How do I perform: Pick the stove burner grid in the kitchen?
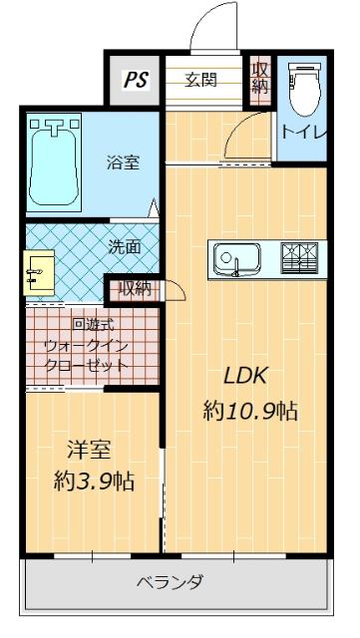[x=300, y=260]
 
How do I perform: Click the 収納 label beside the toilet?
[x=259, y=80]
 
